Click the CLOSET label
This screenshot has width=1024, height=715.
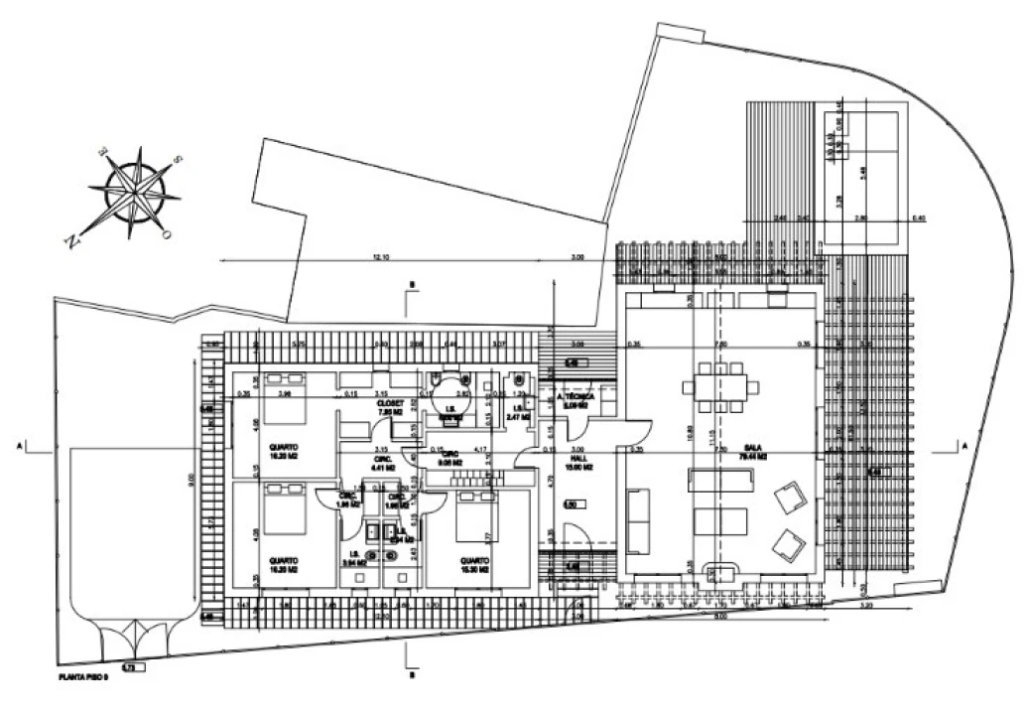(x=389, y=404)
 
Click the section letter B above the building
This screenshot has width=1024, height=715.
(x=410, y=285)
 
